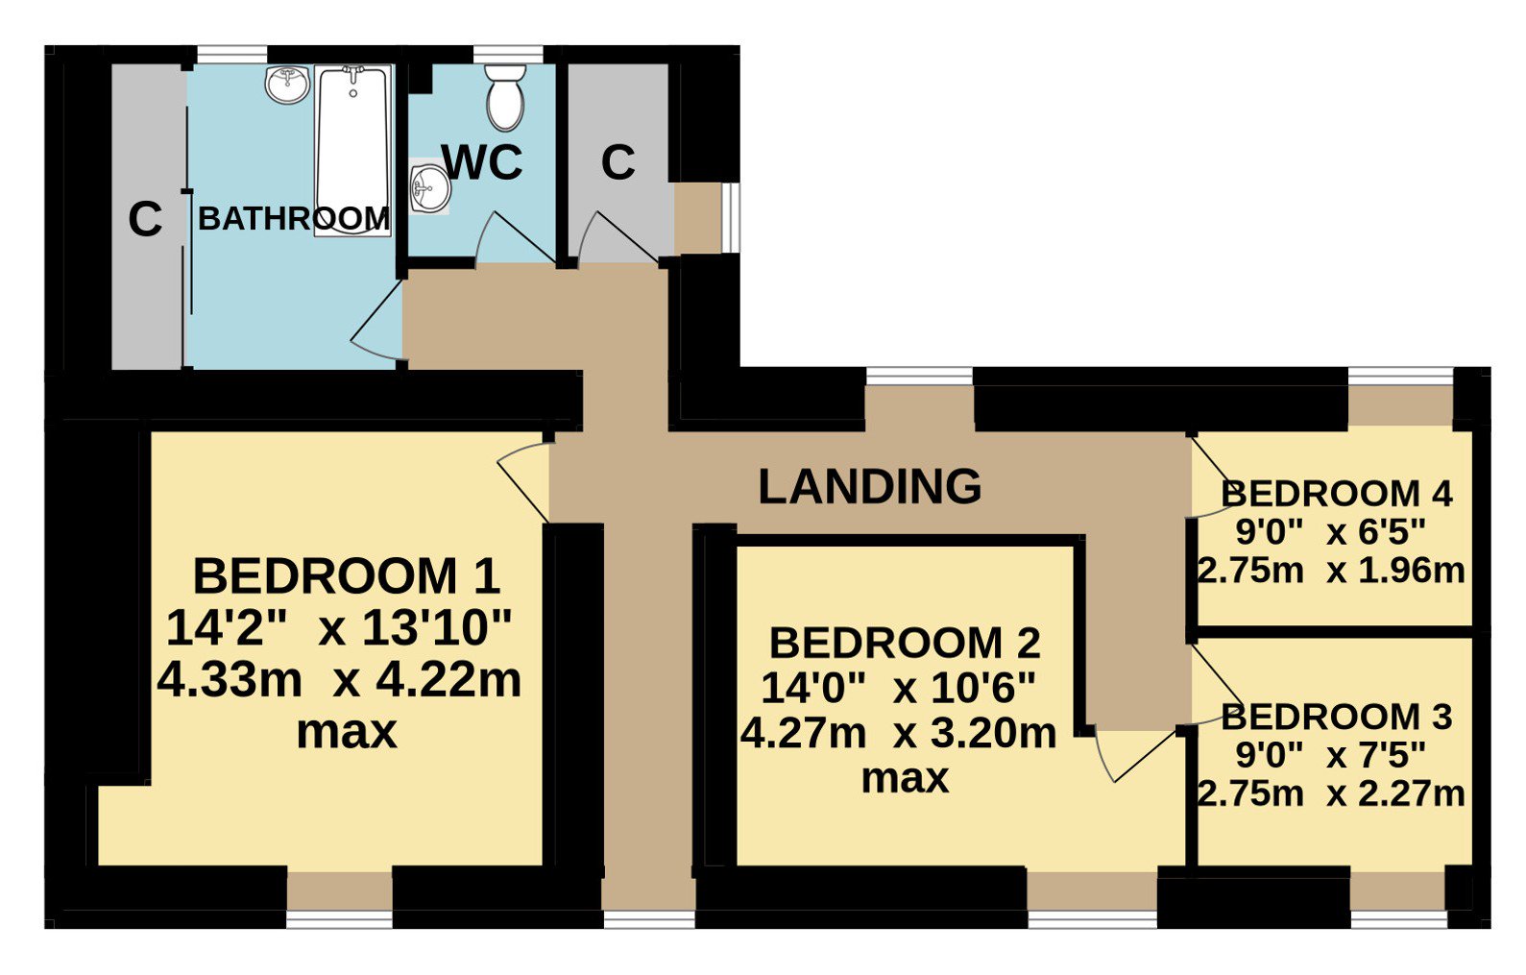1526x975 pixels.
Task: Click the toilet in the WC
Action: pos(505,97)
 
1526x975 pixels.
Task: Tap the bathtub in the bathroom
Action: pos(352,151)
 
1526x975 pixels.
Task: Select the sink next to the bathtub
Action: pos(287,85)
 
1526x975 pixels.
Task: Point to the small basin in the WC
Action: pos(430,187)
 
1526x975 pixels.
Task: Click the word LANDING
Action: pos(870,486)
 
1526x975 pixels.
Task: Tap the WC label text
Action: pos(482,162)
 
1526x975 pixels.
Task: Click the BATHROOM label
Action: pos(294,219)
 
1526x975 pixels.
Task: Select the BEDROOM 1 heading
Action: pos(347,576)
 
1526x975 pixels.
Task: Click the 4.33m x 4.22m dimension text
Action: pos(339,680)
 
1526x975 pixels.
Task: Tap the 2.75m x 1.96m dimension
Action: pos(1331,571)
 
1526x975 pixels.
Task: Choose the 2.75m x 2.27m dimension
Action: pos(1331,793)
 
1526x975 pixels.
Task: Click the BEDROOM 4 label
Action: pos(1337,494)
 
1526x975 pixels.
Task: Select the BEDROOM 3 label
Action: pos(1337,717)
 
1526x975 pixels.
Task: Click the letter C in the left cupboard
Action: pos(145,219)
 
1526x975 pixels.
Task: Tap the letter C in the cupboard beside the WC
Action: pos(618,162)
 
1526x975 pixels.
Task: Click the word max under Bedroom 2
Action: pos(905,778)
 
